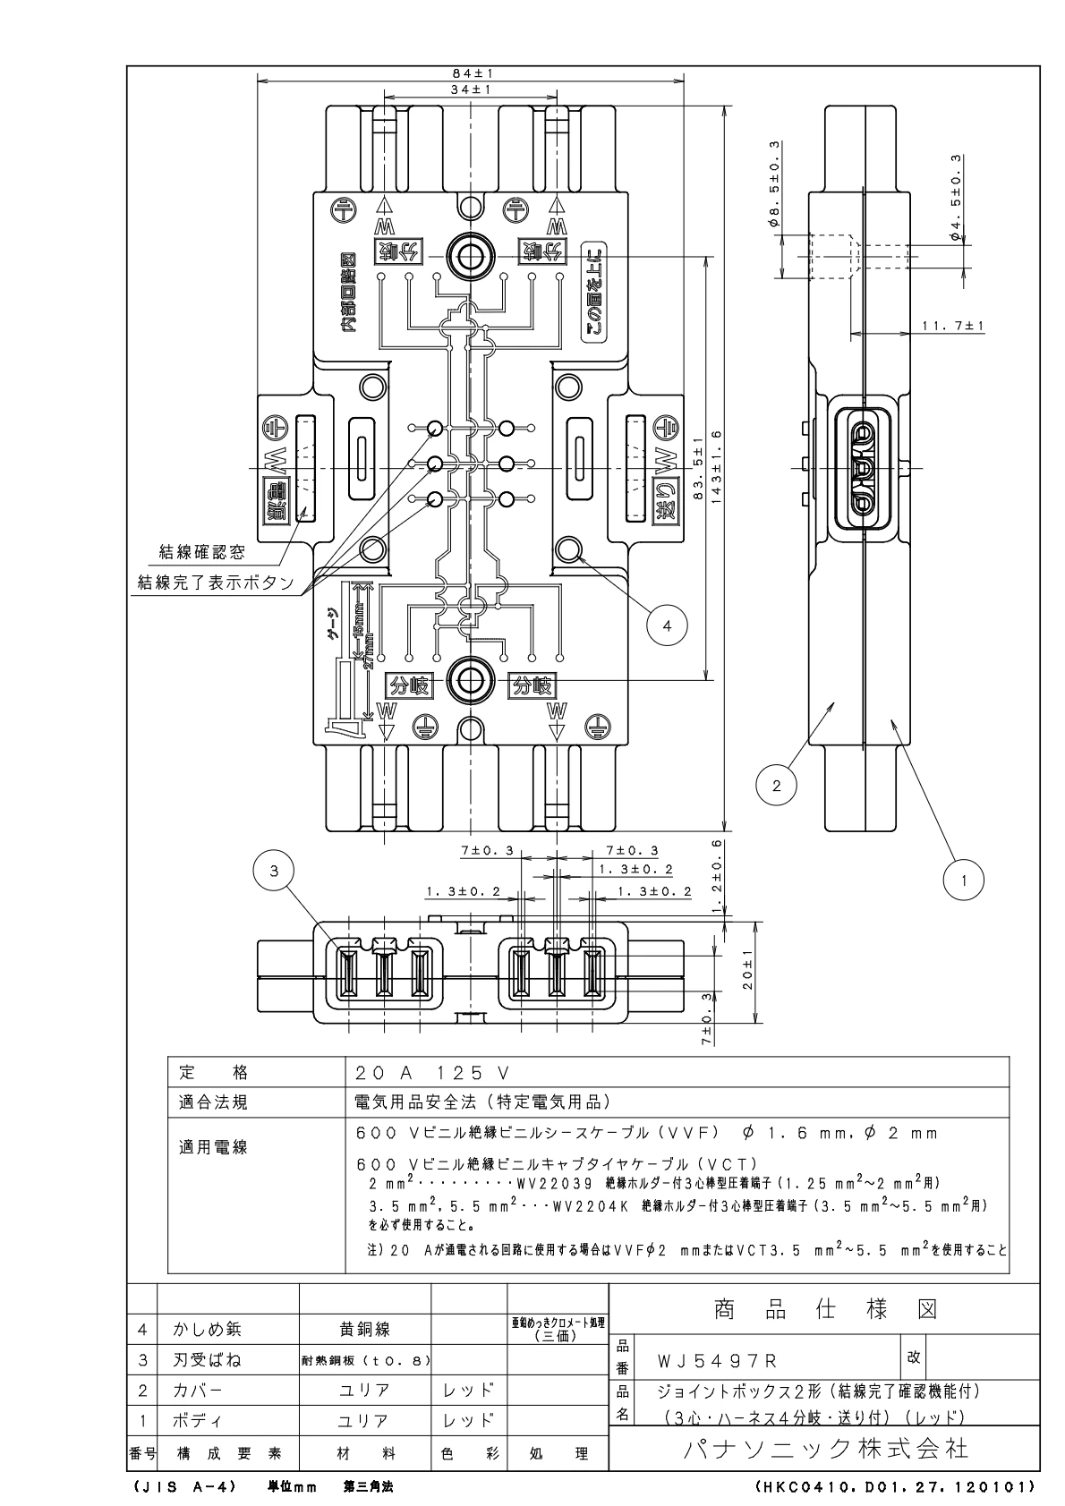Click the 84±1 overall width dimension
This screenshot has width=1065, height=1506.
coord(473,73)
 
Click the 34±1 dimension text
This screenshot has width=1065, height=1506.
coord(473,90)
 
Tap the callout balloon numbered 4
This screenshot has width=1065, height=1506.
coord(667,625)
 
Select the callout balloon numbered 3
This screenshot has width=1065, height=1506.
coord(278,870)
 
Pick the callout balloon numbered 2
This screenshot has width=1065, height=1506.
coord(776,786)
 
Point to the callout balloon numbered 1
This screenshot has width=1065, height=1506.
coord(964,880)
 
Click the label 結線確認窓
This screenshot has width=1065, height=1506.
coord(201,553)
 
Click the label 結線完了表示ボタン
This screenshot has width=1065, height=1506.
coord(216,583)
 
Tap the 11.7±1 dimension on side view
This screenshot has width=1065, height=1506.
coord(952,326)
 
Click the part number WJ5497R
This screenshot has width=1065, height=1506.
coord(718,1362)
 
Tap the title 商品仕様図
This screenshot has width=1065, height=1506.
coord(825,1310)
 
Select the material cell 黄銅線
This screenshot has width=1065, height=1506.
coord(363,1330)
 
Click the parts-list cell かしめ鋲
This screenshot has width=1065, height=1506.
coord(207,1330)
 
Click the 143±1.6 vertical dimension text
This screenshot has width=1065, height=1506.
coord(717,467)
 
